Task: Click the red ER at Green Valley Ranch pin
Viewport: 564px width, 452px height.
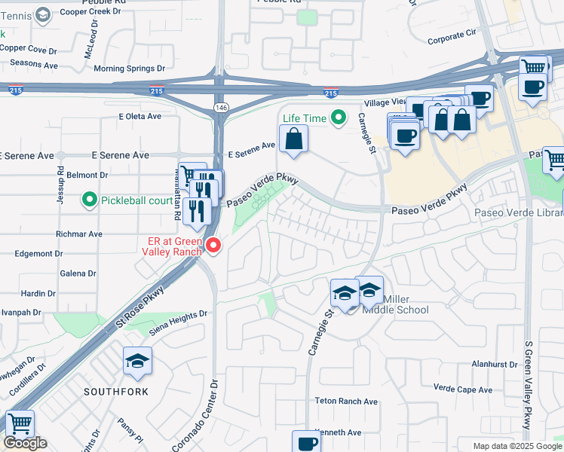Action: click(213, 246)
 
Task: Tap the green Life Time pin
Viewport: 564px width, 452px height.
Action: click(339, 118)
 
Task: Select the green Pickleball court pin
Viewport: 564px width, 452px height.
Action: click(90, 200)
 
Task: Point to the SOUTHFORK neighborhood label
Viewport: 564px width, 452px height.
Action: click(115, 392)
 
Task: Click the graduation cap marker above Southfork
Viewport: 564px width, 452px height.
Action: click(137, 362)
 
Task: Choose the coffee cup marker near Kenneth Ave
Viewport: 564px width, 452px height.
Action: click(307, 443)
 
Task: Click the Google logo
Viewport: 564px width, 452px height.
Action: click(25, 443)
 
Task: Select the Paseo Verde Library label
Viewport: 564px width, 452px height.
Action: click(519, 213)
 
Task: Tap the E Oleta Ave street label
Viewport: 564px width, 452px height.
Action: click(140, 117)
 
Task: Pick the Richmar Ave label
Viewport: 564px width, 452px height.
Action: click(79, 234)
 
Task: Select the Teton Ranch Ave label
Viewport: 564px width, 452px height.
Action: click(346, 402)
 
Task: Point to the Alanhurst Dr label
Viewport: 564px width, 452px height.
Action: click(492, 363)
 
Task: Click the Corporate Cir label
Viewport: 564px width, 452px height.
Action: click(452, 33)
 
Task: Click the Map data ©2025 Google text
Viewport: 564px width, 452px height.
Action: click(517, 447)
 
